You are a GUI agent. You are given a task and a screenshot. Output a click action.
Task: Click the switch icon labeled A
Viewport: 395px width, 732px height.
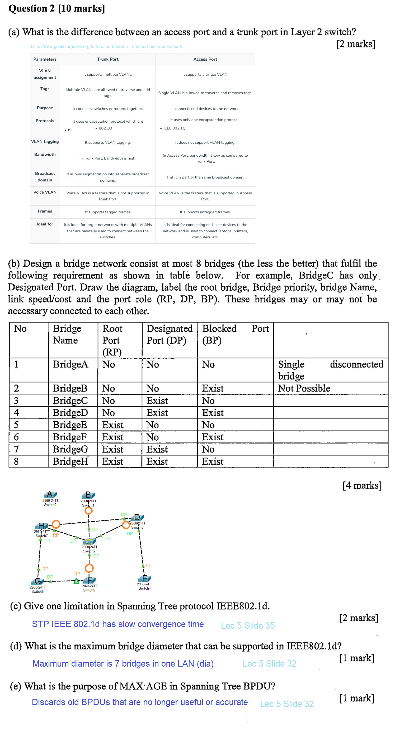point(50,495)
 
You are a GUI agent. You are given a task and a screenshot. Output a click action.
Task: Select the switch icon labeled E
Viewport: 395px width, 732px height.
point(145,578)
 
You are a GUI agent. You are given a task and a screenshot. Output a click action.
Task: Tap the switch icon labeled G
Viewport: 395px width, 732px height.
point(37,581)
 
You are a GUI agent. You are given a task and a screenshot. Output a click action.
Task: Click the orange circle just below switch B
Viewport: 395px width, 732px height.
point(88,511)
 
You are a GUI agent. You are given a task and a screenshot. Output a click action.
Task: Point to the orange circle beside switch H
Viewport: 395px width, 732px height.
point(56,524)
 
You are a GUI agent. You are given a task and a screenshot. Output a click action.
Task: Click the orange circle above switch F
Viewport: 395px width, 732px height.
point(89,568)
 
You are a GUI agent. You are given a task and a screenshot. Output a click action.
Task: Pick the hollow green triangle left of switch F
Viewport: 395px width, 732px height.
point(76,581)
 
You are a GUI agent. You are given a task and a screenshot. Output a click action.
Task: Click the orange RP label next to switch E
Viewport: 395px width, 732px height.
point(149,566)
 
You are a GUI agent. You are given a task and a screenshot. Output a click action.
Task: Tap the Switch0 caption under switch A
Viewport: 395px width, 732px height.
point(50,505)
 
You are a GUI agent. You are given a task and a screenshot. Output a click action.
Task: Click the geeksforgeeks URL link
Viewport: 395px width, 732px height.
point(106,46)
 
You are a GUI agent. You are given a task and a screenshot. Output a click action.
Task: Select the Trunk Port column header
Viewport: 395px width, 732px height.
point(107,59)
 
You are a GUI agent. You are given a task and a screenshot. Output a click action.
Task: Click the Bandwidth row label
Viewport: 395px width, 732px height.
point(45,154)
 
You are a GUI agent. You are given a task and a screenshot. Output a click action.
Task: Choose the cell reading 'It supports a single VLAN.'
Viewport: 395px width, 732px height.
point(205,74)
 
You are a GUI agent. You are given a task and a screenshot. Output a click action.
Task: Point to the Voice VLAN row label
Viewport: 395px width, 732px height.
point(45,192)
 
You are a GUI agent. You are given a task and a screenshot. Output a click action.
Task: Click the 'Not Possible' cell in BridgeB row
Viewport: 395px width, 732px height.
point(304,388)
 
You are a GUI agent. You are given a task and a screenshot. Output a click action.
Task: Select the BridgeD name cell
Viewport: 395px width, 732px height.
point(70,412)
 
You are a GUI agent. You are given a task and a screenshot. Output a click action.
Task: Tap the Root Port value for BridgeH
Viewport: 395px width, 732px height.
point(113,461)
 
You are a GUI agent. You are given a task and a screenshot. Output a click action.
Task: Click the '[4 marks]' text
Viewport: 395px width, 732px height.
point(362,485)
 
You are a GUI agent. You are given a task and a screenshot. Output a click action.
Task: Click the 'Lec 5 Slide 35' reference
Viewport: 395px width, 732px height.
point(248,625)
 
